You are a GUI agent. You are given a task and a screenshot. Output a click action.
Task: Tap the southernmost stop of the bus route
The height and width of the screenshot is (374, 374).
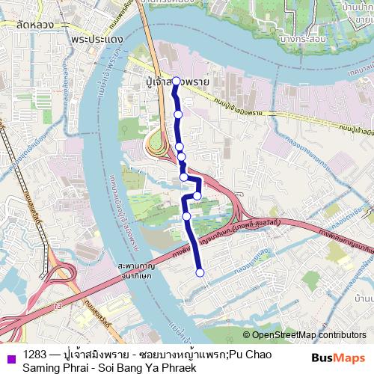(200, 272)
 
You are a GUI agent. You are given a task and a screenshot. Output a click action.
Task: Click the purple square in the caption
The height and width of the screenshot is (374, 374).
(9, 355)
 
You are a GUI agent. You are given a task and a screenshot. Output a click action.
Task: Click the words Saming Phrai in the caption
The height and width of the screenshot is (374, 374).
(59, 367)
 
